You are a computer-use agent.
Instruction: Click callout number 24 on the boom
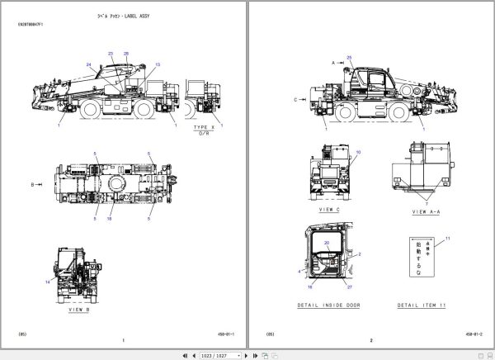[x=88, y=64]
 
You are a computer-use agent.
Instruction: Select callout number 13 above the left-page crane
[x=158, y=64]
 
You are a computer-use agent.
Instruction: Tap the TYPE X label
[x=203, y=128]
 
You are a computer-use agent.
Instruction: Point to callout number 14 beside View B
[x=49, y=282]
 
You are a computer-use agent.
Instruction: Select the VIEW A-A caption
[x=424, y=212]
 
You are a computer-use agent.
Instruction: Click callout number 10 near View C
[x=357, y=153]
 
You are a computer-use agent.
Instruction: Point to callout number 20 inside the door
[x=326, y=244]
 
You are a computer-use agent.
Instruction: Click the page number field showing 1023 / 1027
[x=226, y=354]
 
